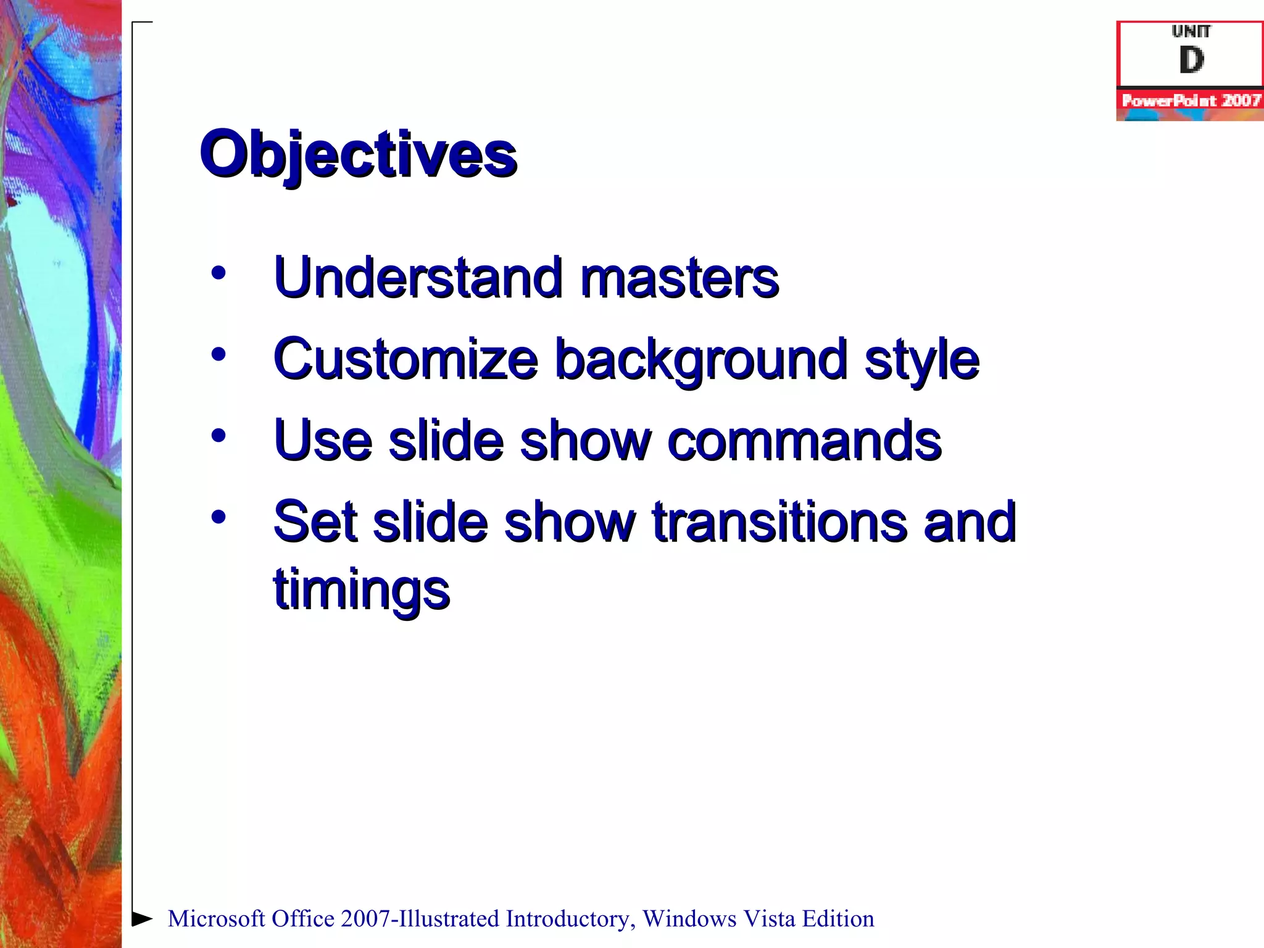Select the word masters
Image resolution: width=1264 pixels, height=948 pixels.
pos(679,279)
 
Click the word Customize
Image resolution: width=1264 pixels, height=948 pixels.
pos(405,359)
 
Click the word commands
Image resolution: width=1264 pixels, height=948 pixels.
pos(804,441)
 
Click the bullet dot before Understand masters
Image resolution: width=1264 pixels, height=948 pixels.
pos(218,272)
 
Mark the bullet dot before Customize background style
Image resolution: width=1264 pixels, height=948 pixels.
pos(218,354)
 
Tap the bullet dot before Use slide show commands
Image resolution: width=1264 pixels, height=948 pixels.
pos(218,436)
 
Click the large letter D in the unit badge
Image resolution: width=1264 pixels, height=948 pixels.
pos(1191,60)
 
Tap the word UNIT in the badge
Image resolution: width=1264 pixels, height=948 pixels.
pos(1191,31)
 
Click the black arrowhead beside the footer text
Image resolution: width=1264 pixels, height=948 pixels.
pos(142,918)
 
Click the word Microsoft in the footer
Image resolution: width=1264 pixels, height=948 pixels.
pos(216,919)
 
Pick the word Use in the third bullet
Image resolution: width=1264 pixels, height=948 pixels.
pos(323,441)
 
